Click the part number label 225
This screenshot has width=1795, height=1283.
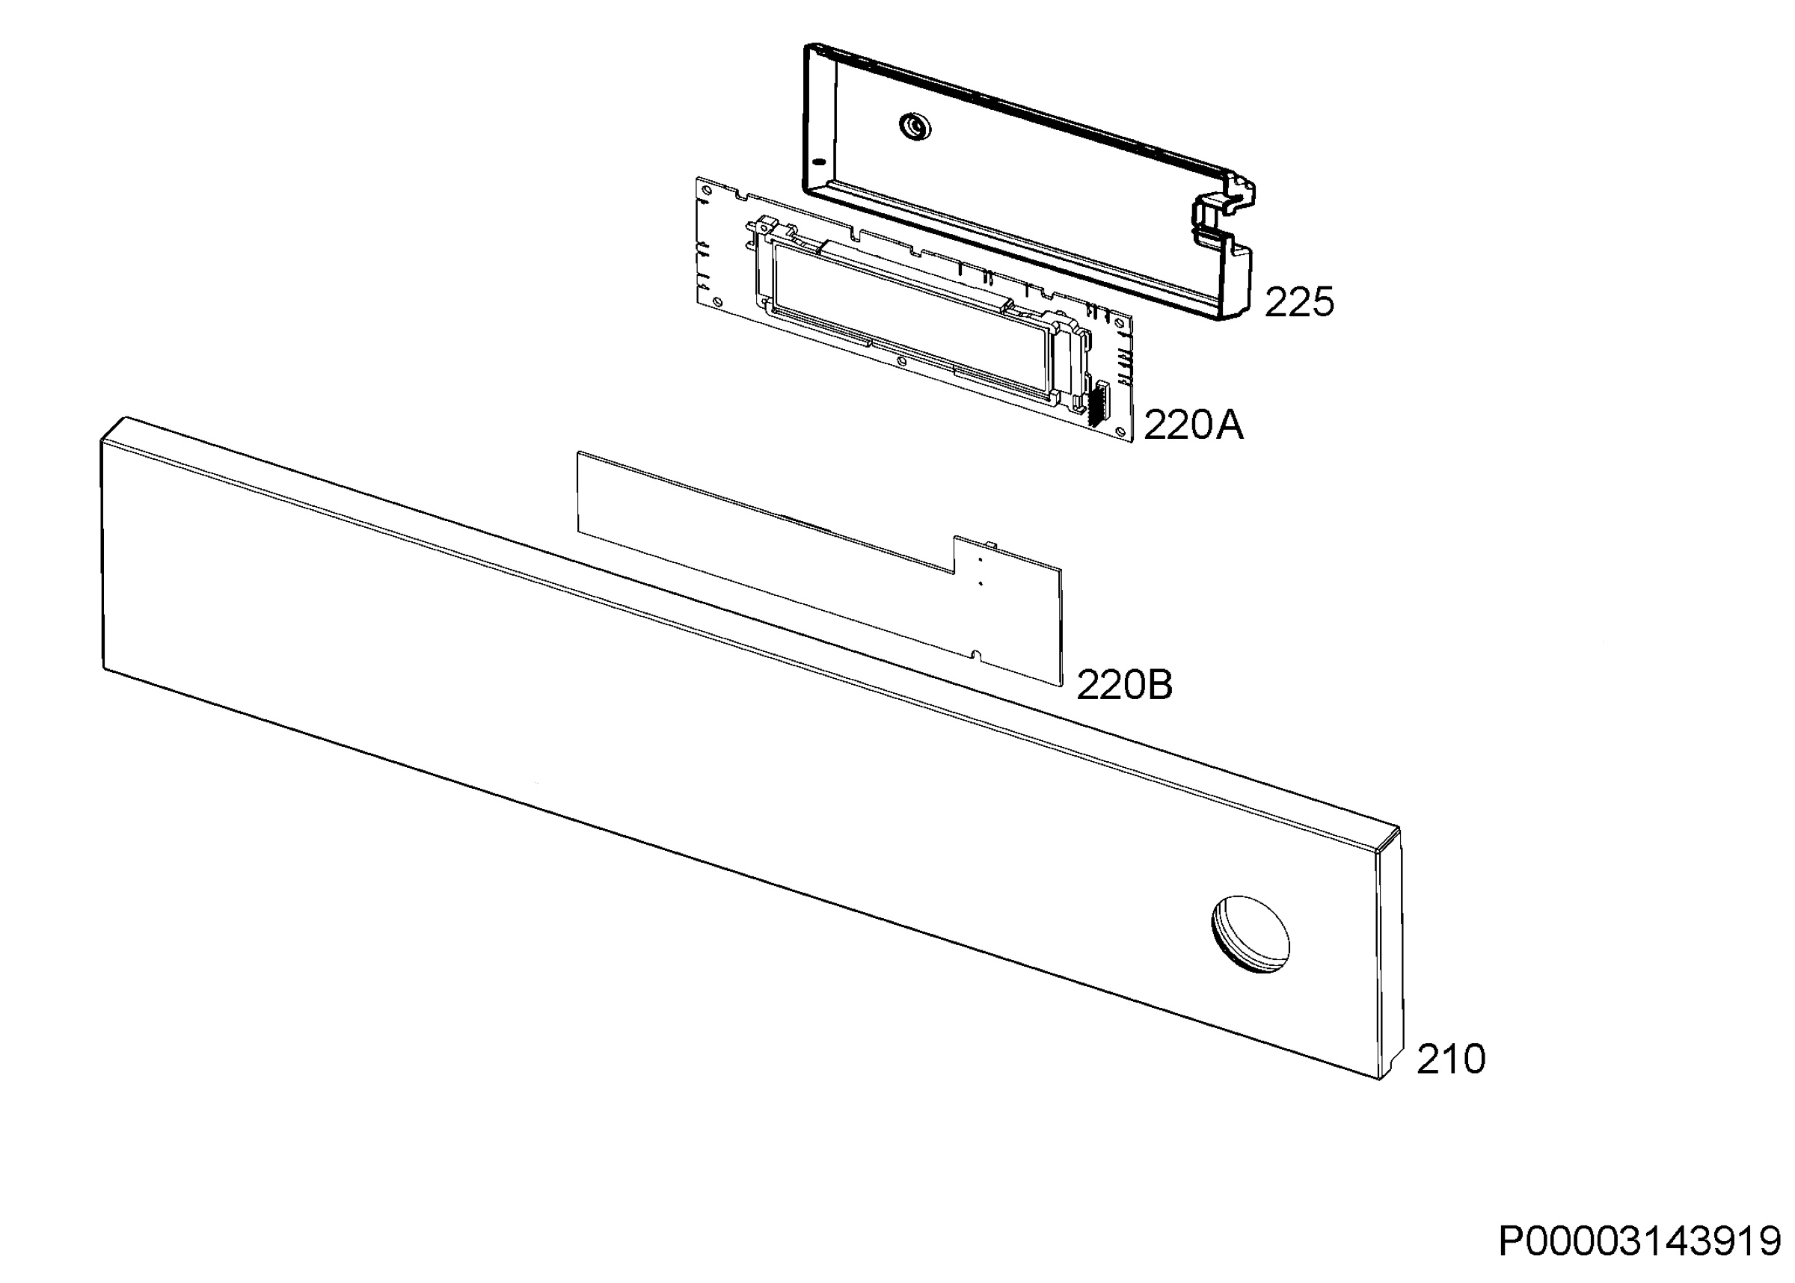1299,302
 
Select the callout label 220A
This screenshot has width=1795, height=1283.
1193,426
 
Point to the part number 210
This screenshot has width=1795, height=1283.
1450,1059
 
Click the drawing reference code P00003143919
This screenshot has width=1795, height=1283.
1639,1241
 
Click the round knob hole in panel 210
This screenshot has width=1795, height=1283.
1250,935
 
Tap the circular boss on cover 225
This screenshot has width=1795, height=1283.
915,126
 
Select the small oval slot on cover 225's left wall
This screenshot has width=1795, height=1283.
819,162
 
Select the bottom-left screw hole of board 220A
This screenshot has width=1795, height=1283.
717,301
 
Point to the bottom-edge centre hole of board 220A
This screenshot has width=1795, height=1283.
902,360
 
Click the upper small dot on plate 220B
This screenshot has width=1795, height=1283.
980,559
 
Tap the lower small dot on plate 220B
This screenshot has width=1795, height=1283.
980,584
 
